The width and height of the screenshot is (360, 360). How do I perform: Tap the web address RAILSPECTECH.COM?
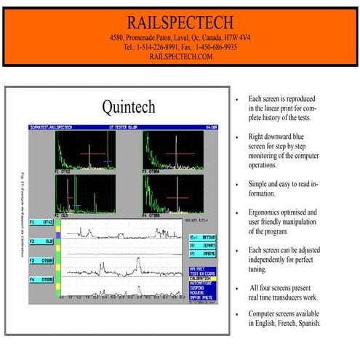point(180,56)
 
